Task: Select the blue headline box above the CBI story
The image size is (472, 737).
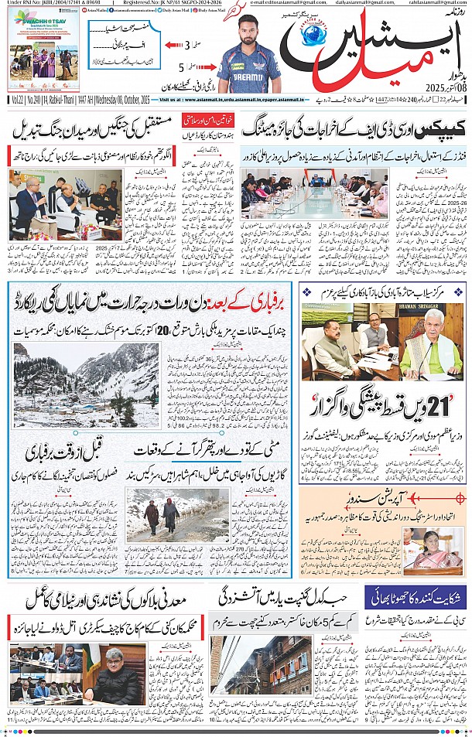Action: tap(416, 596)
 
